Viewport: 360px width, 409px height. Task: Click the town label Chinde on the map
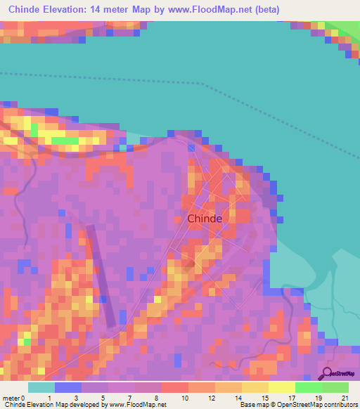pyautogui.click(x=205, y=219)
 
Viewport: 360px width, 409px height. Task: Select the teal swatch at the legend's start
pyautogui.click(x=41, y=387)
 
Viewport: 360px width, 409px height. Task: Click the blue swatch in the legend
pyautogui.click(x=68, y=387)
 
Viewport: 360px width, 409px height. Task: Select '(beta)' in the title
pyautogui.click(x=267, y=10)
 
